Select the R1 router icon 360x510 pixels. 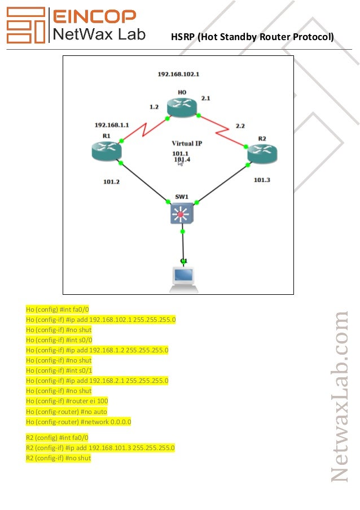point(106,150)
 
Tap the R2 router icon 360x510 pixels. point(262,152)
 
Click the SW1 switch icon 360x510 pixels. point(181,213)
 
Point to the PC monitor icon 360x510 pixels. point(183,276)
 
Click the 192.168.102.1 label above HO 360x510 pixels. point(178,74)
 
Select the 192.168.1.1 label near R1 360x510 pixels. point(112,125)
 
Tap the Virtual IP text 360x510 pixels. point(187,143)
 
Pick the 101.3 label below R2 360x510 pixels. point(262,180)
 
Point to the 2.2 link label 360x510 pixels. point(240,126)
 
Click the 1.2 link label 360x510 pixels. point(154,106)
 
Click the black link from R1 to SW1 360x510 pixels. point(144,182)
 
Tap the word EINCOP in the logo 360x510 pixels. point(94,16)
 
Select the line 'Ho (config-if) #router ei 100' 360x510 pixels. point(67,401)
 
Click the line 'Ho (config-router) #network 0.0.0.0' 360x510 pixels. point(78,421)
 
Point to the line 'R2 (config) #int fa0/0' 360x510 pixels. point(57,437)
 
